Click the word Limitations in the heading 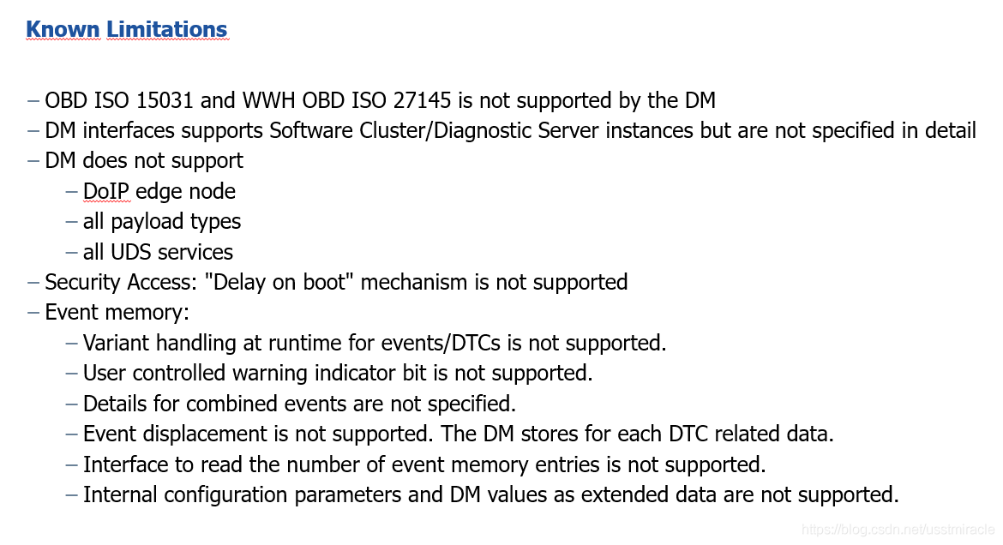[x=167, y=29]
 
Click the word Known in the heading [x=63, y=29]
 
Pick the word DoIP [x=106, y=191]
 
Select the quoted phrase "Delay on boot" [x=279, y=282]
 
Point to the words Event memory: [x=117, y=313]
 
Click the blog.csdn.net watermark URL [x=898, y=529]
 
